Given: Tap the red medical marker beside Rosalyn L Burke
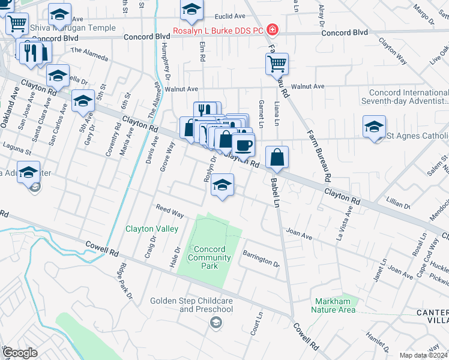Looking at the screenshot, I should click(272, 29).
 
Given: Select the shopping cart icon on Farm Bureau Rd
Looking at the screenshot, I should click(277, 63).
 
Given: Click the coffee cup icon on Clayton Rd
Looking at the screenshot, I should click(243, 145).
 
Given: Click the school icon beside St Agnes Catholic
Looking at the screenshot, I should click(374, 126).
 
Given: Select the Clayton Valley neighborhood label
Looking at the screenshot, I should click(152, 229).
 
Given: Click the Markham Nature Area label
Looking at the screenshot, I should click(333, 306).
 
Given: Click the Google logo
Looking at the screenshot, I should click(19, 353).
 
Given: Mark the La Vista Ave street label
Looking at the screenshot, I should click(347, 223).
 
